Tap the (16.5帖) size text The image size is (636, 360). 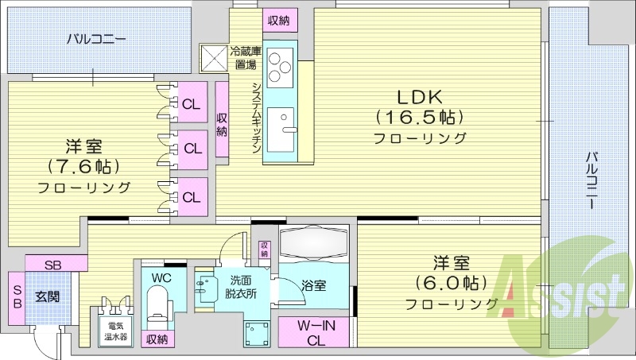coord(419,118)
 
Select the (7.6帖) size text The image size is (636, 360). coord(83,167)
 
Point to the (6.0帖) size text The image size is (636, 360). coord(450,282)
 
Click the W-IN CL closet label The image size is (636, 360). coord(316,332)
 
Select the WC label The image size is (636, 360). coord(161,277)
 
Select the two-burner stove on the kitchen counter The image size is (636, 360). coord(279,68)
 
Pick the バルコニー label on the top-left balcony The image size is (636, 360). coord(95,37)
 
